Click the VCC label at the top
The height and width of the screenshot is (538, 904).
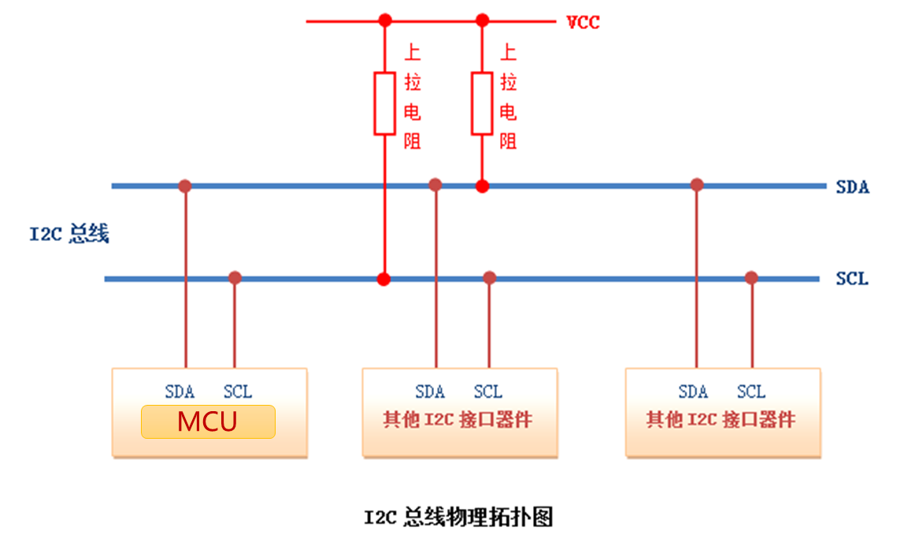click(583, 22)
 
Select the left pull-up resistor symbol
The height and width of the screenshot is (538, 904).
click(384, 103)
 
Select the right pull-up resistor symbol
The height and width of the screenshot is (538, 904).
click(482, 103)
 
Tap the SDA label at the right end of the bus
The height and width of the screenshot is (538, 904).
click(852, 187)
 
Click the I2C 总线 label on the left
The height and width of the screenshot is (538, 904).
click(69, 234)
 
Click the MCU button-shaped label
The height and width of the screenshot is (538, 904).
click(208, 421)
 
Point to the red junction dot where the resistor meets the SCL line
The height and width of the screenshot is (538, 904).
click(384, 279)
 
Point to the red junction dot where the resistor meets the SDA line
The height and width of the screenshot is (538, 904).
click(482, 186)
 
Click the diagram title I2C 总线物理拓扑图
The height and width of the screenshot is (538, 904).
click(458, 517)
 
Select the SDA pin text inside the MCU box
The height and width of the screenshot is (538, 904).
click(180, 391)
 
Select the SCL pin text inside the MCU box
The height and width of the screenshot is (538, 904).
click(237, 391)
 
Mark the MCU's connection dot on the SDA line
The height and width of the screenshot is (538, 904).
click(185, 186)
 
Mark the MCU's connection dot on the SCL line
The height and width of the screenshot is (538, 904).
click(235, 278)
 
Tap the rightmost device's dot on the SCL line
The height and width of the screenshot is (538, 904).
click(751, 278)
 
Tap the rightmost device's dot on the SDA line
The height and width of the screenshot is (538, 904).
click(696, 185)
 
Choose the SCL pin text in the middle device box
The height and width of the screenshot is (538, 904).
click(487, 391)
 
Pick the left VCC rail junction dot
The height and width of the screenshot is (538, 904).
click(384, 20)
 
